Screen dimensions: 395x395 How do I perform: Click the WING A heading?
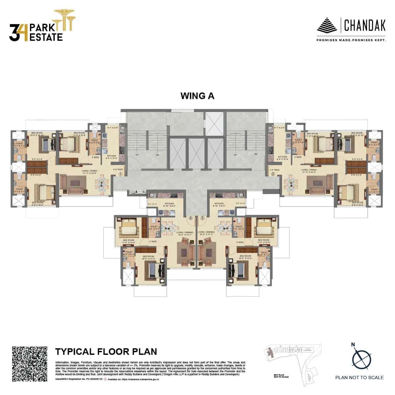pyautogui.click(x=197, y=96)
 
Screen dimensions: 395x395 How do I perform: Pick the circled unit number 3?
pyautogui.click(x=202, y=218)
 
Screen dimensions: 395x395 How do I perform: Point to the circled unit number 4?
pyautogui.click(x=190, y=218)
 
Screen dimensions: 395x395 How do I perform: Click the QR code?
pyautogui.click(x=30, y=364)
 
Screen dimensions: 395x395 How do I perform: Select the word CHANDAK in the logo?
pyautogui.click(x=364, y=25)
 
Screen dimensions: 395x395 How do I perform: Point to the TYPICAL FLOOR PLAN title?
pyautogui.click(x=106, y=352)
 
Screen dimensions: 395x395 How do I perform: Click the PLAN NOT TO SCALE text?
pyautogui.click(x=359, y=378)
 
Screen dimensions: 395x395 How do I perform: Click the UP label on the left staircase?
pyautogui.click(x=137, y=154)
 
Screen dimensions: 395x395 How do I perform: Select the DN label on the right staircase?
pyautogui.click(x=255, y=154)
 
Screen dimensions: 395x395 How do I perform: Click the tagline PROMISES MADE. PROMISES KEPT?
pyautogui.click(x=351, y=40)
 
